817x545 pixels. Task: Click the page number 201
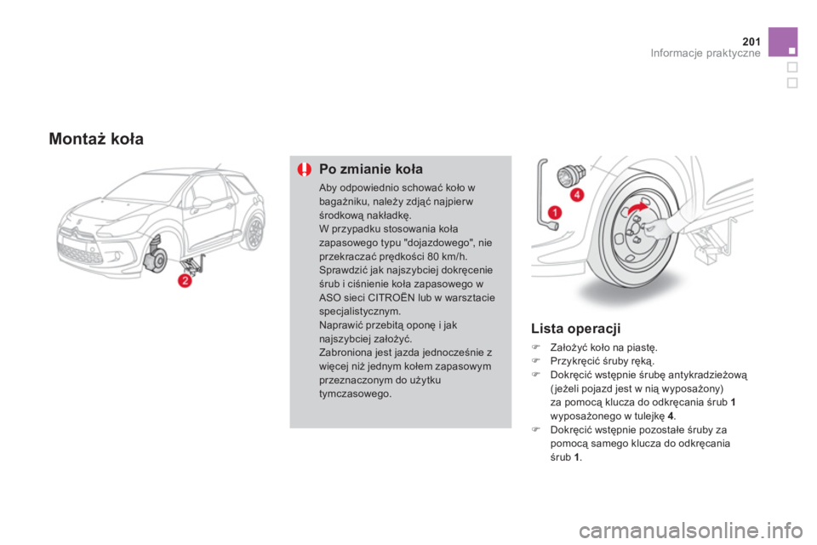pyautogui.click(x=751, y=41)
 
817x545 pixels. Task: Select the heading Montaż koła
pyautogui.click(x=96, y=139)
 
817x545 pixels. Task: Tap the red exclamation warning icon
pyautogui.click(x=305, y=169)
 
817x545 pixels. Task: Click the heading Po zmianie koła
pyautogui.click(x=370, y=169)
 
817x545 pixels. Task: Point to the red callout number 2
pyautogui.click(x=185, y=280)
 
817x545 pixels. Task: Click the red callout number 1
pyautogui.click(x=555, y=212)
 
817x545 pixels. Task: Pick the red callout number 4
pyautogui.click(x=577, y=195)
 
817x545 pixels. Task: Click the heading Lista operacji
pyautogui.click(x=576, y=329)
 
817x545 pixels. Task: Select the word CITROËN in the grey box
pyautogui.click(x=386, y=298)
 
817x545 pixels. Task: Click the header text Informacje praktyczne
pyautogui.click(x=705, y=53)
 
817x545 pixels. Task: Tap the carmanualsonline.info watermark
pyautogui.click(x=690, y=531)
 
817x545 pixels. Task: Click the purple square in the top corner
pyautogui.click(x=783, y=42)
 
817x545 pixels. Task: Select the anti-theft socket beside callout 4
pyautogui.click(x=571, y=175)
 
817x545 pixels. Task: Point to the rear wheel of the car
pyautogui.click(x=254, y=232)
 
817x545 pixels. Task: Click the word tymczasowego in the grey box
pyautogui.click(x=355, y=393)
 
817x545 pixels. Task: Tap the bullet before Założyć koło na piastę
pyautogui.click(x=534, y=347)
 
